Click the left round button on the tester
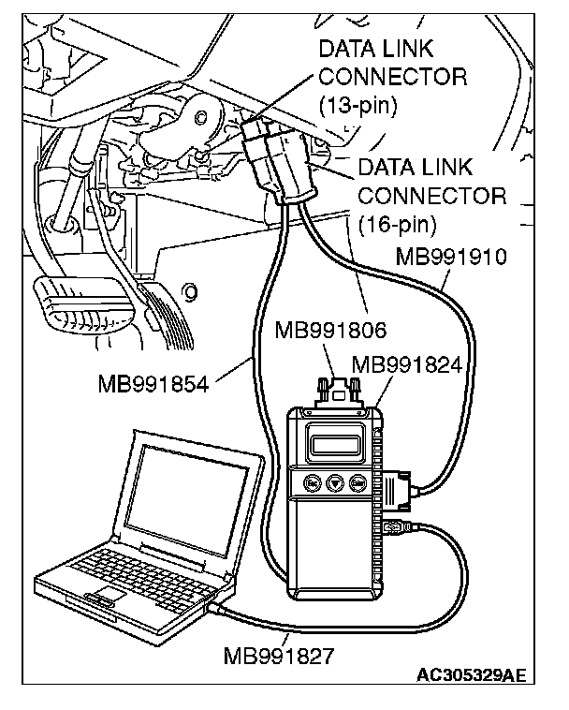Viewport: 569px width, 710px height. point(313,484)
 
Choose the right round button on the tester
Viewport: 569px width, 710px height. point(357,484)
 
